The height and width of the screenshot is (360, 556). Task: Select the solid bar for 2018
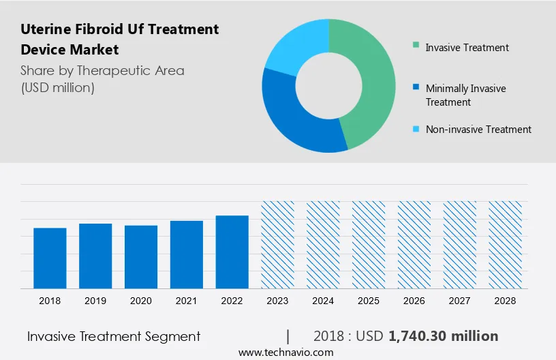point(50,258)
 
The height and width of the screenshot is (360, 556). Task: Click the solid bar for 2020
point(141,257)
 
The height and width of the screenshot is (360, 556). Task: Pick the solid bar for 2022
point(232,252)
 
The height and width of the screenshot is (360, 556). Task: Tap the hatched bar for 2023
point(278,245)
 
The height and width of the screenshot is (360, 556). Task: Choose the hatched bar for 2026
point(414,245)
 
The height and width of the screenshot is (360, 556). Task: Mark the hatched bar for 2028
point(506,245)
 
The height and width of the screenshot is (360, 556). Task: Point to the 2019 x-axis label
point(95,301)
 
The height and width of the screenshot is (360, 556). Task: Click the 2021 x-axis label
point(187,301)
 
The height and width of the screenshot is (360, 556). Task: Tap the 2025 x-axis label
point(369,301)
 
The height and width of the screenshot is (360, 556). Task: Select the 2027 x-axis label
point(460,301)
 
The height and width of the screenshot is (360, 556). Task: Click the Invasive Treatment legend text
point(467,48)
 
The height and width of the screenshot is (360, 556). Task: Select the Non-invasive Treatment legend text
point(478,129)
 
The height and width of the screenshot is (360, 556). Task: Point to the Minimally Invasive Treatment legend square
point(416,88)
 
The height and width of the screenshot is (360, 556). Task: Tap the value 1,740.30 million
point(443,336)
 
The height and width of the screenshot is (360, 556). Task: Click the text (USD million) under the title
point(57,87)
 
